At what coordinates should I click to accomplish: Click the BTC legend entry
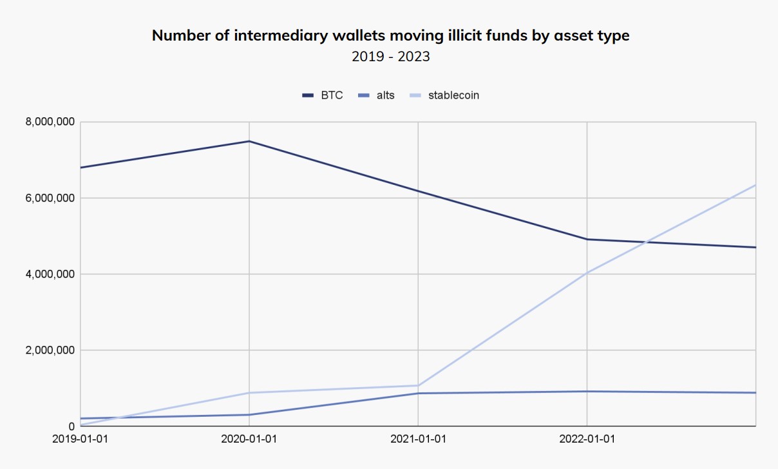[323, 95]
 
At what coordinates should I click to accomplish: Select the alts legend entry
[378, 95]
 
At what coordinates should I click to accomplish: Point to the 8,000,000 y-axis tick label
[50, 122]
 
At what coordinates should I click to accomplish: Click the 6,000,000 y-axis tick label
[50, 198]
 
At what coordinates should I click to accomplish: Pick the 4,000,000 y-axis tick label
[50, 274]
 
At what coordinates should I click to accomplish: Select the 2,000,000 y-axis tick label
[50, 350]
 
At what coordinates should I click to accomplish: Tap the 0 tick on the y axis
[71, 426]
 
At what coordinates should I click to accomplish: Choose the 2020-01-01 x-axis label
[249, 439]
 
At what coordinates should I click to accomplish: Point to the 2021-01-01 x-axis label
[418, 439]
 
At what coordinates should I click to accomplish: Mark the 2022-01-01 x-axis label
[587, 439]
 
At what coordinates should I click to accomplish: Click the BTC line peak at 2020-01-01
[249, 141]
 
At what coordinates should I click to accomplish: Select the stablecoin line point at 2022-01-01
[587, 273]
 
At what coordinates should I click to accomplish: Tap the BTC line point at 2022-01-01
[587, 239]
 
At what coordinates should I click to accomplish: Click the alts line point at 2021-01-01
[418, 393]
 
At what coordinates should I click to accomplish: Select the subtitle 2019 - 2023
[390, 57]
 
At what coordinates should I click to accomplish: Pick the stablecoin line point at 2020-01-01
[249, 392]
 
